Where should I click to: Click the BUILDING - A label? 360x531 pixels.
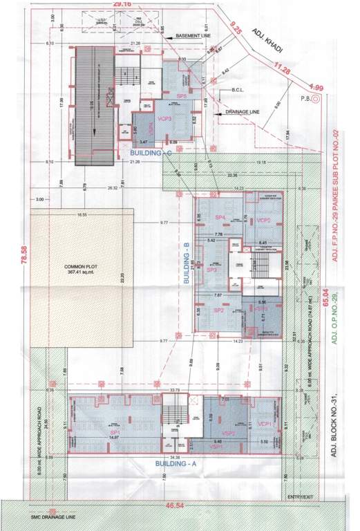pos(176,463)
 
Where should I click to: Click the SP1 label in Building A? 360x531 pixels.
pos(115,431)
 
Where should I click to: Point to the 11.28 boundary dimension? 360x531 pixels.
pos(282,68)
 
